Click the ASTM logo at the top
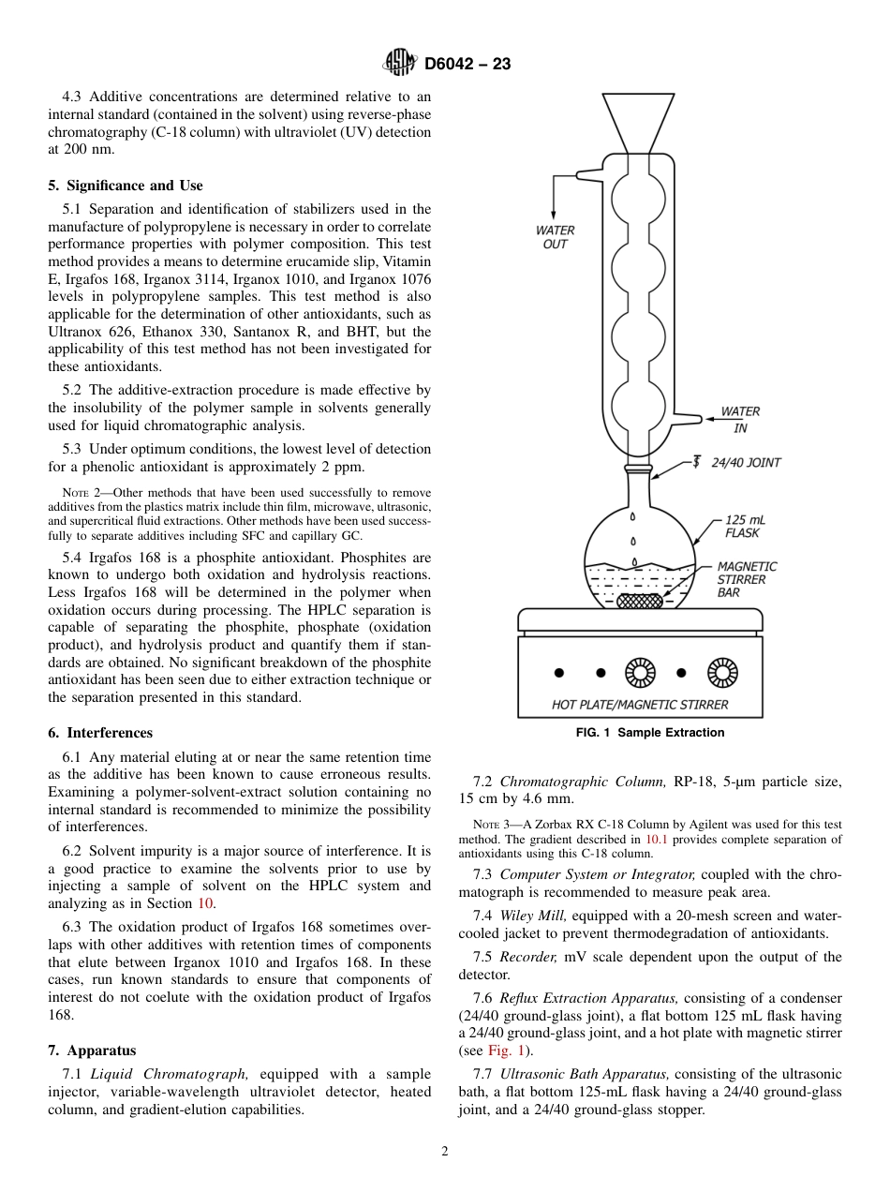point(400,63)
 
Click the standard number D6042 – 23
point(467,64)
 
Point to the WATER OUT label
point(555,237)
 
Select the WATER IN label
point(740,420)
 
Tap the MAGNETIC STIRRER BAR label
point(747,579)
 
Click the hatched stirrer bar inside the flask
point(639,600)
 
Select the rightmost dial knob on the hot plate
point(722,672)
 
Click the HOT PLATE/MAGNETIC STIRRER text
point(640,704)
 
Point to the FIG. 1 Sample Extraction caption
point(649,733)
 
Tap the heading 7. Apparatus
point(92,1050)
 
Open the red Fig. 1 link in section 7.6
point(502,1050)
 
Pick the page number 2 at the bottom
point(445,1152)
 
